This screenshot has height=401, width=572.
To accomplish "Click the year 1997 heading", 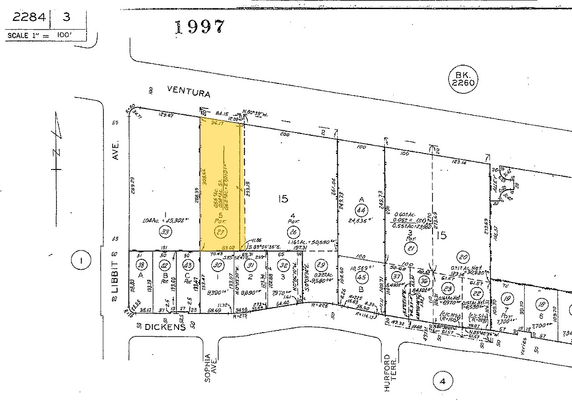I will click(200, 27).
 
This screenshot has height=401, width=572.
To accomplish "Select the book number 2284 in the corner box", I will click(29, 17).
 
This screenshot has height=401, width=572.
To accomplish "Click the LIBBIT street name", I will click(115, 275).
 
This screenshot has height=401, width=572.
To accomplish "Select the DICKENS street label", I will click(165, 327).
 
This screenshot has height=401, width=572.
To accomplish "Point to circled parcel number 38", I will click(141, 266).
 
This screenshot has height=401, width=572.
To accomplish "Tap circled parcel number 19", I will click(507, 299).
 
